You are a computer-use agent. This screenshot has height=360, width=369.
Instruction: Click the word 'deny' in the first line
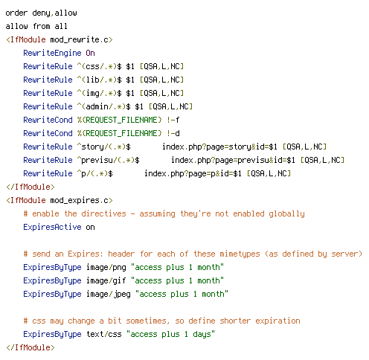(x=42, y=13)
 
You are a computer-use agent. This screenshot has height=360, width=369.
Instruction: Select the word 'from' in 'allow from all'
(x=42, y=26)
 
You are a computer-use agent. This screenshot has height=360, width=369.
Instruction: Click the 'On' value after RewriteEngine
(x=90, y=53)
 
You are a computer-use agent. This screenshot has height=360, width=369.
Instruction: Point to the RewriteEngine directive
(x=52, y=53)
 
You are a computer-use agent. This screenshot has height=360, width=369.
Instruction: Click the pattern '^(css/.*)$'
(x=99, y=66)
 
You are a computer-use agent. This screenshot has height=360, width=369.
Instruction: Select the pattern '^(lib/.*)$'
(x=99, y=80)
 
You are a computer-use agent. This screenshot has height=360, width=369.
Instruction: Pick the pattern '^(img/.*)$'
(x=99, y=93)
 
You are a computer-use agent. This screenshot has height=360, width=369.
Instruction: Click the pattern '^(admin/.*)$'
(x=103, y=106)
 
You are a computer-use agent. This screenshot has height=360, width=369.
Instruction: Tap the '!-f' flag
(x=173, y=120)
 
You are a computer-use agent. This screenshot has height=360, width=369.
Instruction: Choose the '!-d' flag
(x=173, y=133)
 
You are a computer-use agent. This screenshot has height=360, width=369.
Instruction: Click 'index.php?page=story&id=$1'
(x=219, y=147)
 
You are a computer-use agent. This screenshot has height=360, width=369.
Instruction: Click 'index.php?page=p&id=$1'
(x=193, y=173)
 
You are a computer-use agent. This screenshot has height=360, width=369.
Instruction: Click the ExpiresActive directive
(x=52, y=227)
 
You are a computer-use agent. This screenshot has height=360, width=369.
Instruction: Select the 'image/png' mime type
(x=106, y=267)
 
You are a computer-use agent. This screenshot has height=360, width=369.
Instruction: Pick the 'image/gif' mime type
(x=106, y=280)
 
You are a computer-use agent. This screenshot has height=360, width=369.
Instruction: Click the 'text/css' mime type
(x=103, y=334)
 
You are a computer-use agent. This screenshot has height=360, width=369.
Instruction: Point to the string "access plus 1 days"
(x=170, y=334)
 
